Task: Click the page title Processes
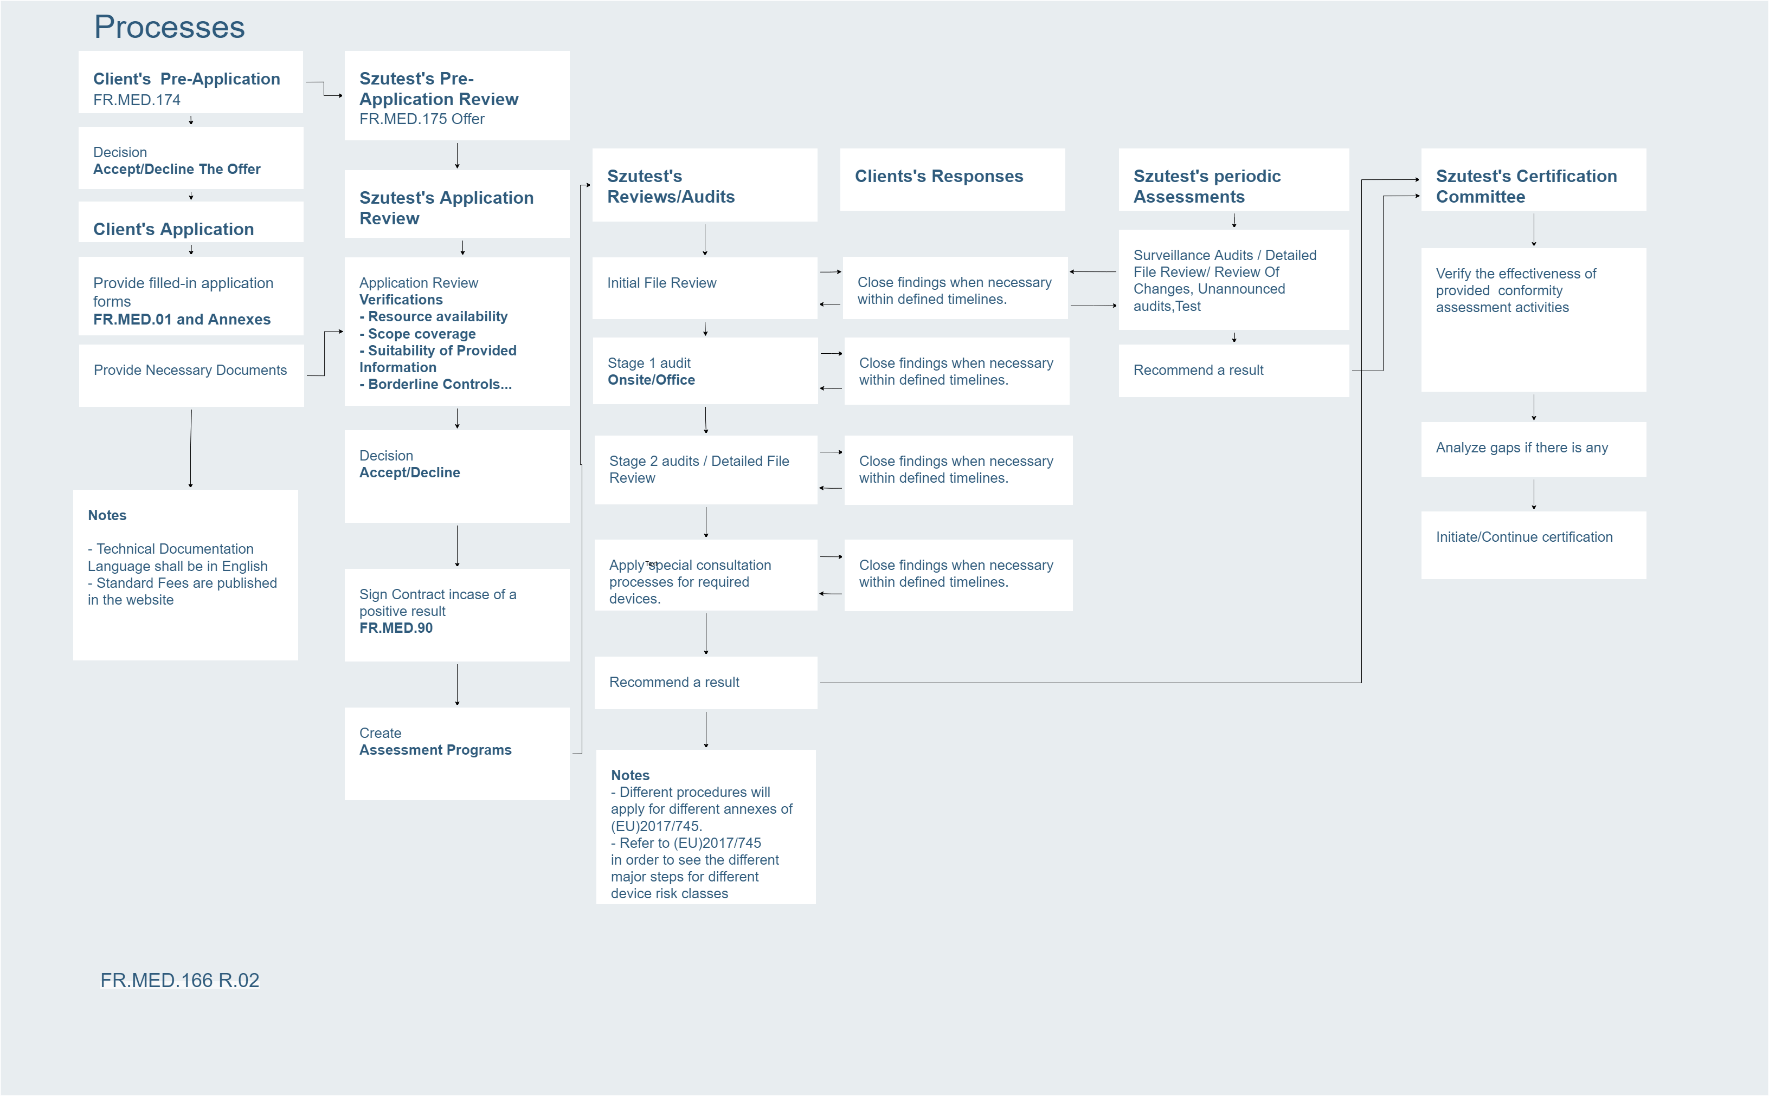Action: [x=169, y=28]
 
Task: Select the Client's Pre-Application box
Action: [x=190, y=82]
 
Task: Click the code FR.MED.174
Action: [x=137, y=100]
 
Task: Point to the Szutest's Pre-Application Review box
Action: [x=457, y=96]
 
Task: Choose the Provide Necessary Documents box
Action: [x=191, y=375]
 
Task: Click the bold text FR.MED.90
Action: [x=396, y=628]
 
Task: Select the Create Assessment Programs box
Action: [x=457, y=754]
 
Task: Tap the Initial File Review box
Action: [x=704, y=288]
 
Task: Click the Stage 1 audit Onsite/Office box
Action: [x=705, y=371]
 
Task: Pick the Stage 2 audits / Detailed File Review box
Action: [x=706, y=470]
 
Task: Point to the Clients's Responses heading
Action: [x=953, y=180]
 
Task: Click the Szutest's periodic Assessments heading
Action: [x=1234, y=180]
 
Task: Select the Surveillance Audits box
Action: [x=1234, y=280]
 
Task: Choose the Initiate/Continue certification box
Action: [x=1533, y=545]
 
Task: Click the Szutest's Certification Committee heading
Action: [x=1533, y=180]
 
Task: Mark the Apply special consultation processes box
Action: [x=706, y=575]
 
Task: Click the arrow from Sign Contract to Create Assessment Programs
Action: [x=457, y=684]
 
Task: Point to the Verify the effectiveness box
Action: [x=1533, y=320]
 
